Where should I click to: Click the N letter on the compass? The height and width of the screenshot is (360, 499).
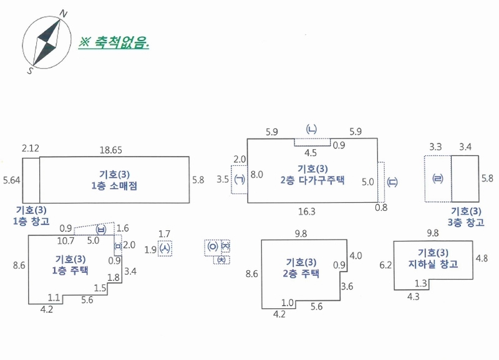tap(64, 14)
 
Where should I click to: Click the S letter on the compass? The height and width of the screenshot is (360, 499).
tap(30, 70)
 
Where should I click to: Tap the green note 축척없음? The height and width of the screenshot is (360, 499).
tap(114, 42)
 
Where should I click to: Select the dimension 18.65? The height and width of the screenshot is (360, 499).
tap(111, 150)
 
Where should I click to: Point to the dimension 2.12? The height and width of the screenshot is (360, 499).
tap(31, 148)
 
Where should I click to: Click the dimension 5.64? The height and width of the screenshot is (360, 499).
tap(11, 180)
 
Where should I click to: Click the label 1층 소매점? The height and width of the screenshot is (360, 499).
tap(114, 186)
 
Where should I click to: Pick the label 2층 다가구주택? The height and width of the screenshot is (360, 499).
tap(312, 180)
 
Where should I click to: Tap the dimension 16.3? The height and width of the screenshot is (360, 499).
tap(307, 212)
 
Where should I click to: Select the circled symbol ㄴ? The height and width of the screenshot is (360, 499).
tap(311, 129)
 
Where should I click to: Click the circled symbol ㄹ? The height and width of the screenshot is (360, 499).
tap(438, 178)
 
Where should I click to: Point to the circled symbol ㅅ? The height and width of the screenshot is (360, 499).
tap(165, 248)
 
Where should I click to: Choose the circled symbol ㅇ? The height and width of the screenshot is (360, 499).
tap(213, 246)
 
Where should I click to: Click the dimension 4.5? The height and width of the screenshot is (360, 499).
tap(311, 153)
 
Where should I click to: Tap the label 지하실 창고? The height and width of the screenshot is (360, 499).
tap(433, 264)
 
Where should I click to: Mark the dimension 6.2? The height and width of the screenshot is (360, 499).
tap(385, 265)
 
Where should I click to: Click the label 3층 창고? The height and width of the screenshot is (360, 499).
tap(466, 222)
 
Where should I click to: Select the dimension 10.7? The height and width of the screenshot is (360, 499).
tap(65, 241)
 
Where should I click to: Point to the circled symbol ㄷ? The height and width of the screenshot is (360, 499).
tap(392, 182)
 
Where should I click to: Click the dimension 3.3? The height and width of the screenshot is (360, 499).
tap(435, 147)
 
